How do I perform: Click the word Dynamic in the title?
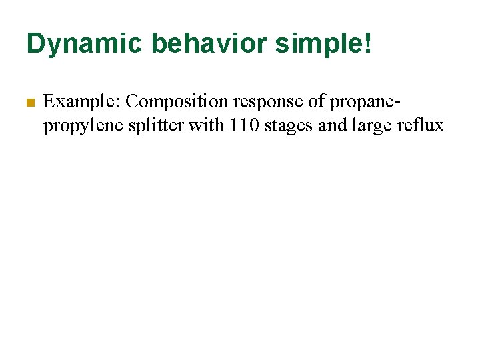pyautogui.click(x=84, y=44)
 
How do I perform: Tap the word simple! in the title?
pyautogui.click(x=334, y=44)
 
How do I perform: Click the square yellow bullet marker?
pyautogui.click(x=29, y=103)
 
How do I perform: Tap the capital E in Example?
pyautogui.click(x=49, y=101)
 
